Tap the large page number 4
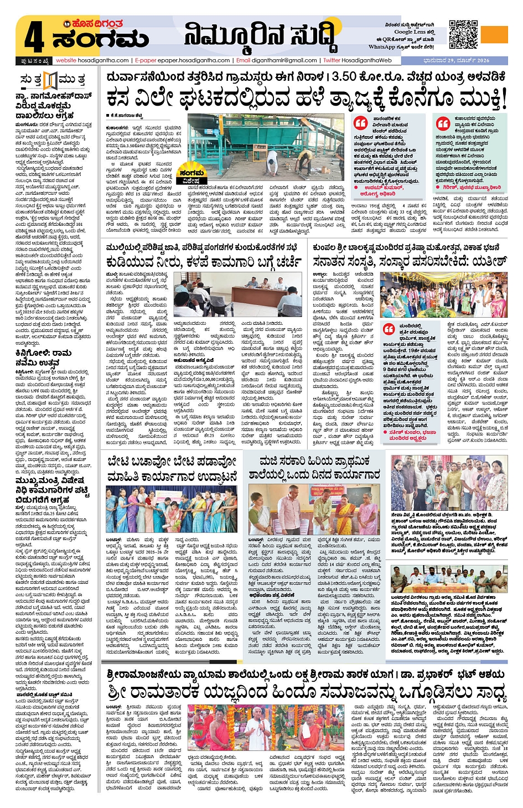coord(34,38)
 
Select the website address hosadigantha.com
coord(92,60)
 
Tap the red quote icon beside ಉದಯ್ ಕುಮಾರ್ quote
coord(361,123)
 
